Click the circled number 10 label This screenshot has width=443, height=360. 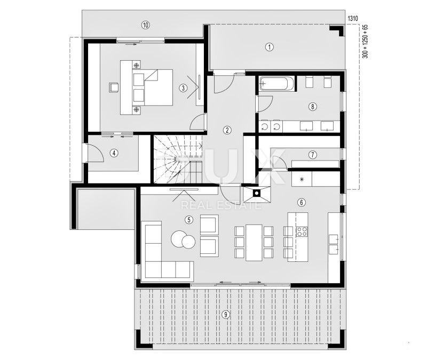point(145,25)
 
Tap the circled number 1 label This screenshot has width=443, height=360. point(270,47)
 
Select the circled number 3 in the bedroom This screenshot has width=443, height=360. point(183,88)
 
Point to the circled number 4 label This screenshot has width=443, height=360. point(114,153)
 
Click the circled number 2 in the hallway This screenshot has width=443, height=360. point(227,130)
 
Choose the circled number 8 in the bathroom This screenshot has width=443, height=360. point(312,107)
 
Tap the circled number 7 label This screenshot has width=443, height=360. point(312,155)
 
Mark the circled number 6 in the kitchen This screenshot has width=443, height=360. point(302,202)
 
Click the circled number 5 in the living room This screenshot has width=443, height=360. point(189,219)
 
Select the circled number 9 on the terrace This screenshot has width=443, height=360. point(225,314)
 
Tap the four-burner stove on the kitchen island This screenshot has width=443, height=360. point(302,231)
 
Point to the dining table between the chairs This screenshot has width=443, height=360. point(254,242)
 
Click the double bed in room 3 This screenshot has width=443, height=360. point(153,87)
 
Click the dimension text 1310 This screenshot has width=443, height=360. point(353,19)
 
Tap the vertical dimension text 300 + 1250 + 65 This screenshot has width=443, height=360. point(365,42)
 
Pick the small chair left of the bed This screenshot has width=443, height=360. point(114,87)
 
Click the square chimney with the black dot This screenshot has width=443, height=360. point(257,194)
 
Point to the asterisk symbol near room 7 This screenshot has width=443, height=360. point(302,179)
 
